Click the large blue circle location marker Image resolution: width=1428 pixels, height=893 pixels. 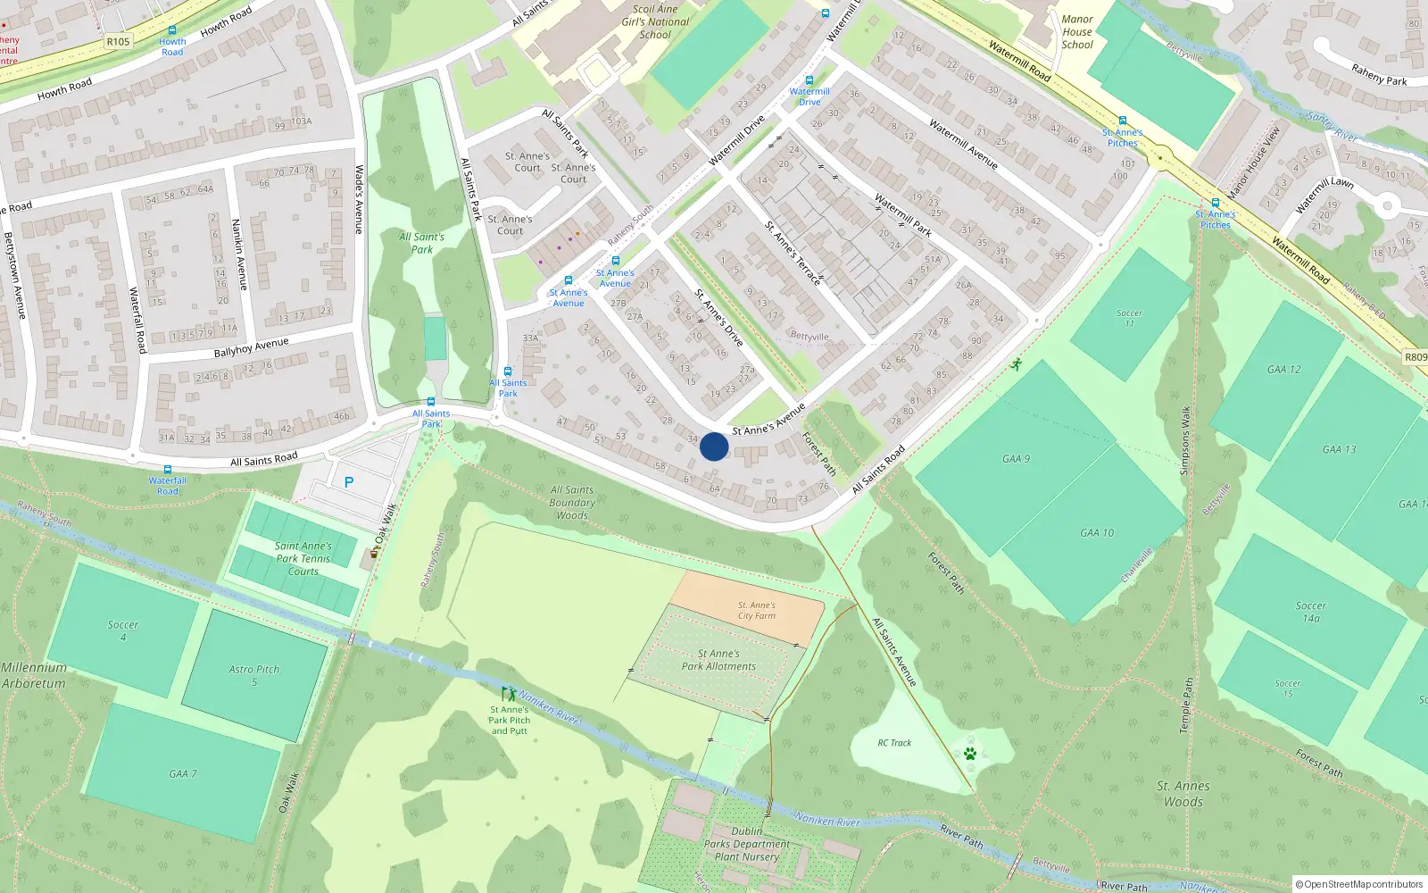click(714, 446)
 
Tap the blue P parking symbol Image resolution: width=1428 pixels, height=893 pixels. click(349, 482)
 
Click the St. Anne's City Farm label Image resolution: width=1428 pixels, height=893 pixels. click(756, 611)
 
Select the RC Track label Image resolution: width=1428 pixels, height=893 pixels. click(894, 743)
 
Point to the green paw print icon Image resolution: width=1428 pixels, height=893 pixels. click(970, 754)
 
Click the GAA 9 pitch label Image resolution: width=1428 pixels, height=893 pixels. click(1016, 459)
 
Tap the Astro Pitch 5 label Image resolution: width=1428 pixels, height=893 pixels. click(254, 675)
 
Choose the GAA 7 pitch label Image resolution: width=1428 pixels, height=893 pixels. click(183, 774)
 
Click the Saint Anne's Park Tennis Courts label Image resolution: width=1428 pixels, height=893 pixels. click(303, 559)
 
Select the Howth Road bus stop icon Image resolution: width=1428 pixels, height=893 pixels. click(172, 30)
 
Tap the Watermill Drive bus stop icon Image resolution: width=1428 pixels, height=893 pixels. click(809, 80)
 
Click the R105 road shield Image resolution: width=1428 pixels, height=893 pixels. click(118, 41)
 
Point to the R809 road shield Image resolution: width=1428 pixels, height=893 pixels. click(1416, 357)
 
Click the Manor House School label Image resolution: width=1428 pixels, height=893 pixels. click(1077, 32)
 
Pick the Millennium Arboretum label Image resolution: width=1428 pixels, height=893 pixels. click(34, 676)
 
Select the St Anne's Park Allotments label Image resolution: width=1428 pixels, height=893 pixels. click(718, 660)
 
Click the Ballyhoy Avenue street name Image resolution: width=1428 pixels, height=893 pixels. click(251, 347)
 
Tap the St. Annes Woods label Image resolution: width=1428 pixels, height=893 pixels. click(1183, 794)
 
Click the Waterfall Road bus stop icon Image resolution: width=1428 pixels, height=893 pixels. click(168, 470)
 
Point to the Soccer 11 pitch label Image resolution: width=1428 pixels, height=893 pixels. click(1129, 318)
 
